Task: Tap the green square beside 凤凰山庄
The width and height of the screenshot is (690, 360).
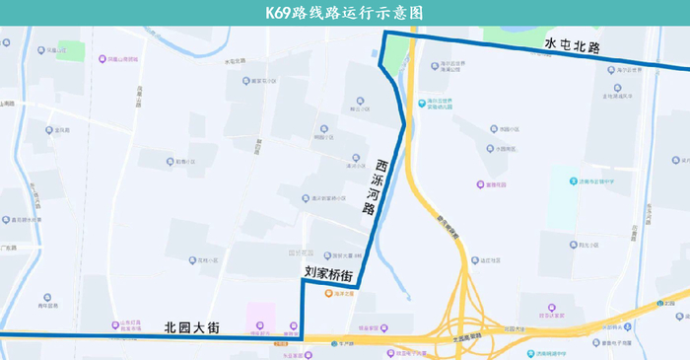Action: click(x=70, y=49)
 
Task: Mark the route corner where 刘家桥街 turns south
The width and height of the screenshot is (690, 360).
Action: click(x=302, y=281)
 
